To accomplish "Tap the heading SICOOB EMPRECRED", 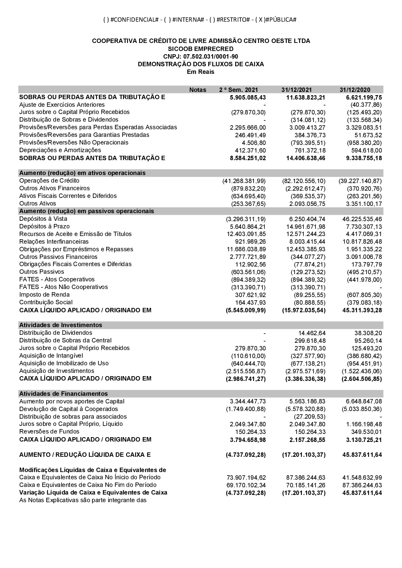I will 201,49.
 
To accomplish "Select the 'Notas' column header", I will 198,90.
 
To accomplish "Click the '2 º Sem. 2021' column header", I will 238,90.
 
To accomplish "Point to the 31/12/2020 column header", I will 355,90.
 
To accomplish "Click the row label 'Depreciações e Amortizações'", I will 60,150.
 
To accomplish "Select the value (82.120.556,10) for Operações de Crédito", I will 304,181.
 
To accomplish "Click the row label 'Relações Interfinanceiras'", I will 54,242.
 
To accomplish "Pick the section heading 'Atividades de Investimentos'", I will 61,325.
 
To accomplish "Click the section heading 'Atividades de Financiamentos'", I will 64,394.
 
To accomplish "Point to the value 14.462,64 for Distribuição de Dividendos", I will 312,333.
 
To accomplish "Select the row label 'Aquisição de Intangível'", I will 51,356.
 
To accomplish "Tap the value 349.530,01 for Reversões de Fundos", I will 366,432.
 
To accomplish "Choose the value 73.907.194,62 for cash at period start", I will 246,478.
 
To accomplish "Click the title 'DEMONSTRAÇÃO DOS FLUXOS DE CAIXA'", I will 201,64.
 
